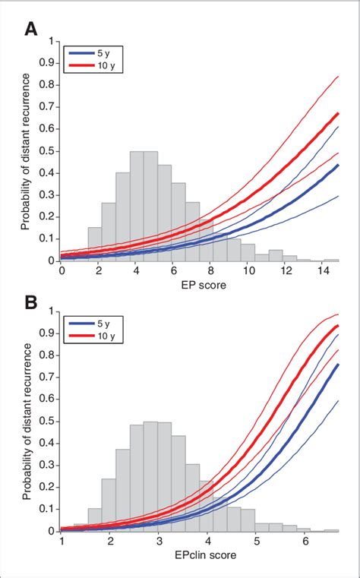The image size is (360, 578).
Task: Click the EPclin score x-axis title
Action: coord(201,555)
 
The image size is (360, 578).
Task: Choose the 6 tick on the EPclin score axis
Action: coord(306,541)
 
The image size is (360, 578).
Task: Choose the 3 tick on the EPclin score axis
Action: coord(159,541)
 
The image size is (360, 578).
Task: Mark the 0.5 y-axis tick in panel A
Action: coord(51,150)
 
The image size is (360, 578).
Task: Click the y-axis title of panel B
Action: coord(29,422)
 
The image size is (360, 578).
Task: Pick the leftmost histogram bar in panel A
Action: coord(95,245)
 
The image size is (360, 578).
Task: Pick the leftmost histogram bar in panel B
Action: coord(95,520)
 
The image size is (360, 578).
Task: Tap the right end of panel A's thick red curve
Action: coord(338,113)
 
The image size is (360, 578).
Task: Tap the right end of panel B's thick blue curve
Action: coord(338,365)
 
